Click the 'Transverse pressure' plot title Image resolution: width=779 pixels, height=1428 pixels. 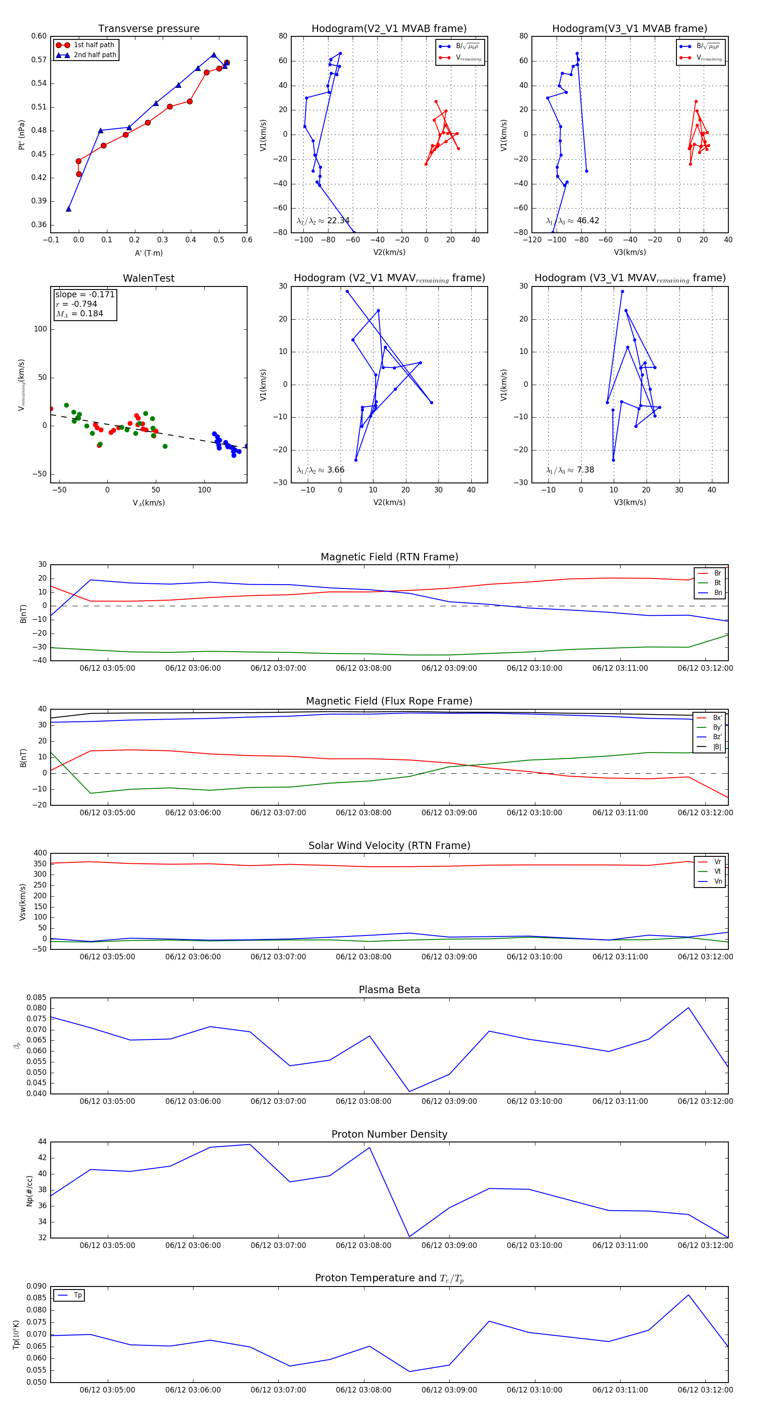pyautogui.click(x=148, y=29)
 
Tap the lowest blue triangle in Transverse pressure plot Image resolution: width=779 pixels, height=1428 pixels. pyautogui.click(x=69, y=209)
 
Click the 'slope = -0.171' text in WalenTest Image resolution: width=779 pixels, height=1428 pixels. pyautogui.click(x=85, y=294)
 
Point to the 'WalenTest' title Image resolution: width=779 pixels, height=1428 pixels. pyautogui.click(x=148, y=278)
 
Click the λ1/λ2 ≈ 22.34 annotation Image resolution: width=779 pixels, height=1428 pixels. pyautogui.click(x=323, y=221)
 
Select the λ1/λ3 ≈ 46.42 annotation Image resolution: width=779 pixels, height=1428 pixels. pyautogui.click(x=573, y=221)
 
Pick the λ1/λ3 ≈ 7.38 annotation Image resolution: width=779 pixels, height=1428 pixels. pyautogui.click(x=570, y=470)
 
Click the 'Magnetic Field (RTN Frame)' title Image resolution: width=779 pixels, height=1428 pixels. pyautogui.click(x=389, y=557)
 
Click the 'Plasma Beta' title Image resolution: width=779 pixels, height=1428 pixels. pyautogui.click(x=389, y=990)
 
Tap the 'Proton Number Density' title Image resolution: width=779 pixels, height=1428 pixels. pyautogui.click(x=389, y=1134)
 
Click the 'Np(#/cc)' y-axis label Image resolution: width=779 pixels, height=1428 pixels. pyautogui.click(x=29, y=1191)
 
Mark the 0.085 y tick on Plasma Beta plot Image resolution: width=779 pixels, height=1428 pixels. pyautogui.click(x=37, y=998)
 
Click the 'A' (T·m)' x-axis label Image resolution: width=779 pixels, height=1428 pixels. pyautogui.click(x=148, y=253)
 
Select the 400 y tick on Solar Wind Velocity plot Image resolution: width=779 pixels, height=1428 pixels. pyautogui.click(x=39, y=853)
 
